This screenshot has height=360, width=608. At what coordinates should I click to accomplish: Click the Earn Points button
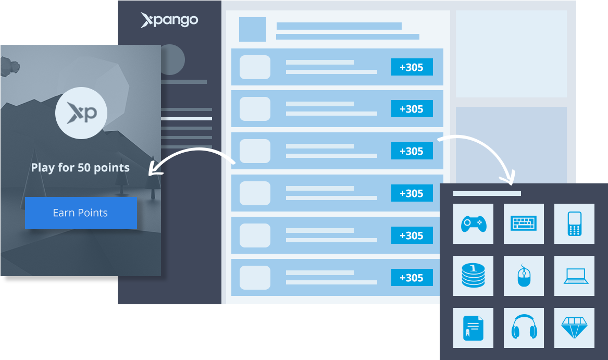click(81, 213)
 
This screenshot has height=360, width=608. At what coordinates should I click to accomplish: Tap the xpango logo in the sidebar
click(169, 20)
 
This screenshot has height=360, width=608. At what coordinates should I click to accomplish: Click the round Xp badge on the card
click(81, 113)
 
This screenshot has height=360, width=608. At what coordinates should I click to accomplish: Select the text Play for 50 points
click(80, 168)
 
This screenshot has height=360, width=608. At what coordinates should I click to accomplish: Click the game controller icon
click(473, 224)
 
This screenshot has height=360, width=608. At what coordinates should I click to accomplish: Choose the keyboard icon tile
click(524, 224)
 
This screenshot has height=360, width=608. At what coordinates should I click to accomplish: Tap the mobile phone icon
click(574, 224)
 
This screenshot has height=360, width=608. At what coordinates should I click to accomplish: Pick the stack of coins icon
click(473, 276)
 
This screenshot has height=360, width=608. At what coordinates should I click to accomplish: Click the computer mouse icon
click(524, 276)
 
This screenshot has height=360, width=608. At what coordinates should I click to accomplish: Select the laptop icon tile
click(574, 276)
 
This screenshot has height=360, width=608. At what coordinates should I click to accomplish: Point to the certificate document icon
click(473, 328)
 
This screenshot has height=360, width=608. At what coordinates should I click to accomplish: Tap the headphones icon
click(524, 328)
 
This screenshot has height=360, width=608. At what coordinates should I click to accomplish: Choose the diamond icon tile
click(574, 328)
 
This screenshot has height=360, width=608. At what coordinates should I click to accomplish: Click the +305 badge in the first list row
click(412, 67)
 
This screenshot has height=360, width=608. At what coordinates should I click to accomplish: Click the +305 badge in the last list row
click(412, 278)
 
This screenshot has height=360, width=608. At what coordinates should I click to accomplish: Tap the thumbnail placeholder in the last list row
click(255, 278)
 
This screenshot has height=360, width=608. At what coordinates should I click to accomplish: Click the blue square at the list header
click(253, 29)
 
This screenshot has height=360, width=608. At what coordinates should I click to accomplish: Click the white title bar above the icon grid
click(487, 193)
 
